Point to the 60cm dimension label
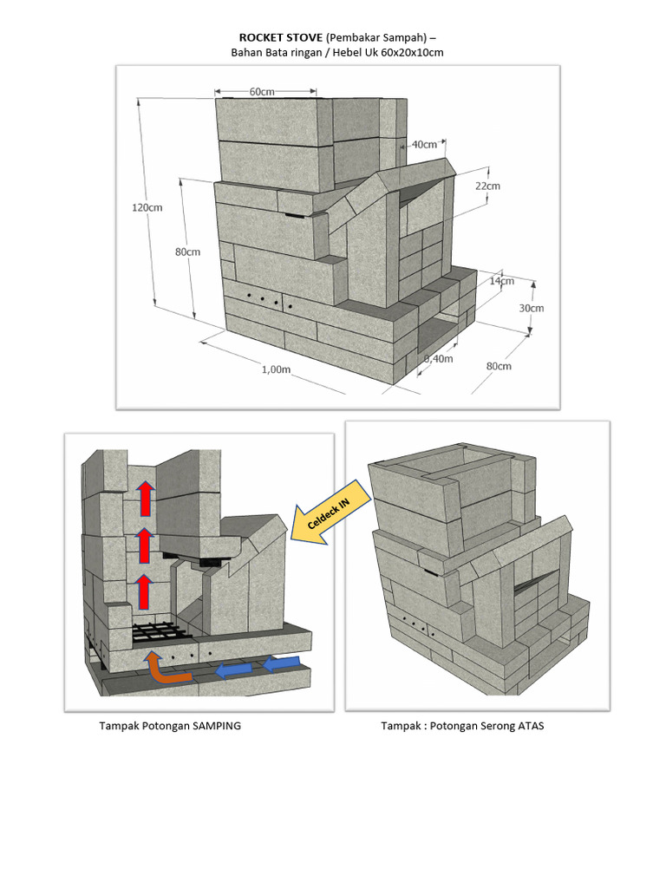(263, 90)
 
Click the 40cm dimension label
(424, 144)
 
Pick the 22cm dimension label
(486, 186)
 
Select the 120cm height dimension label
(146, 207)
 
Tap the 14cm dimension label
(501, 280)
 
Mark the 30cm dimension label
(532, 308)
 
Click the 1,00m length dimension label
(275, 369)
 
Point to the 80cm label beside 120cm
(187, 252)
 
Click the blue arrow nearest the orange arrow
(232, 669)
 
